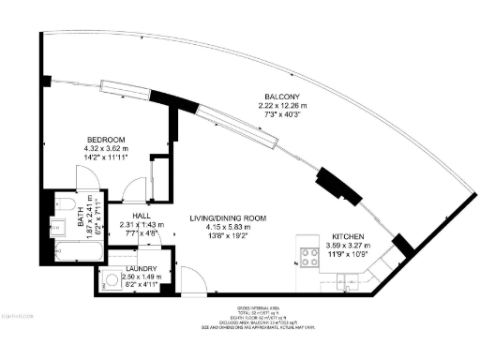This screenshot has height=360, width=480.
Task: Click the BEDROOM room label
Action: (106, 140)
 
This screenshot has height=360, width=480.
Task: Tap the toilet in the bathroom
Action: (68, 205)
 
